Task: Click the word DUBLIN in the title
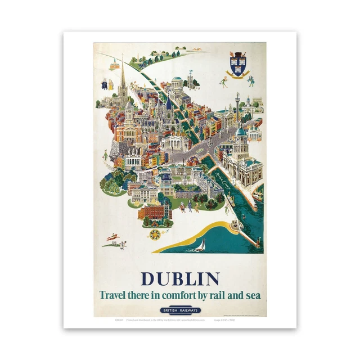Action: [x=180, y=278]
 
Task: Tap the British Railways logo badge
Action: [x=180, y=310]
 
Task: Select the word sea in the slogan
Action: [x=251, y=295]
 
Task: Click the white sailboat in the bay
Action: [x=201, y=245]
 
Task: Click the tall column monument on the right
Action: [x=237, y=104]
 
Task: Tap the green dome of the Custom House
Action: [x=240, y=132]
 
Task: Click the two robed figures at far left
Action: [x=106, y=84]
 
